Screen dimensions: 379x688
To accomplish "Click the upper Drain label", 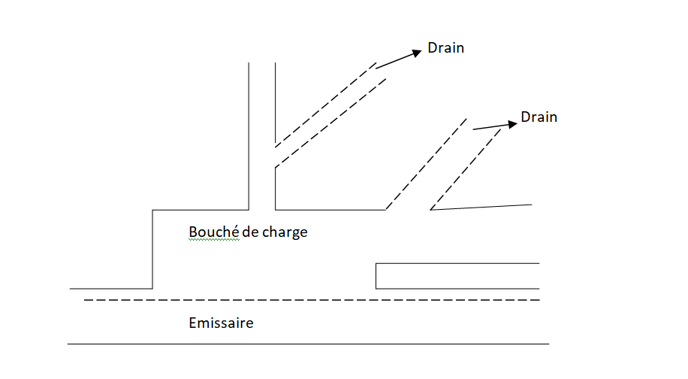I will point(446,48).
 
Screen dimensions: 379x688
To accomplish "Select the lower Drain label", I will point(539,117).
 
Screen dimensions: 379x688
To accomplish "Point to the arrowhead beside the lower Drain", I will point(513,123).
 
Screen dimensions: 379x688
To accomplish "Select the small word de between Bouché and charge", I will point(250,232).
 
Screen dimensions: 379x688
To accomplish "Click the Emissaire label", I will point(221,323).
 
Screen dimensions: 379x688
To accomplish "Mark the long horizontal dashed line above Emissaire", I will point(312,300).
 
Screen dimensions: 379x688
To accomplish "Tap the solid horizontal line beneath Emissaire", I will point(308,344).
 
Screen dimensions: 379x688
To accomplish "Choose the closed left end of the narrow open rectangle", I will point(376,276).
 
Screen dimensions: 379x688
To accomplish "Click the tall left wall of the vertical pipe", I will point(249,135).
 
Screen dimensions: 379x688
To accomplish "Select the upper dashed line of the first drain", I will point(324,105).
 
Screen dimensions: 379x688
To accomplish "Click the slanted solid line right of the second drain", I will point(481,207).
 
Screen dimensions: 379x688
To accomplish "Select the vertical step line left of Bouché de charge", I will point(152,249).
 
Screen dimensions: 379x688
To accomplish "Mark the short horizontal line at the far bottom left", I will point(110,289).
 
